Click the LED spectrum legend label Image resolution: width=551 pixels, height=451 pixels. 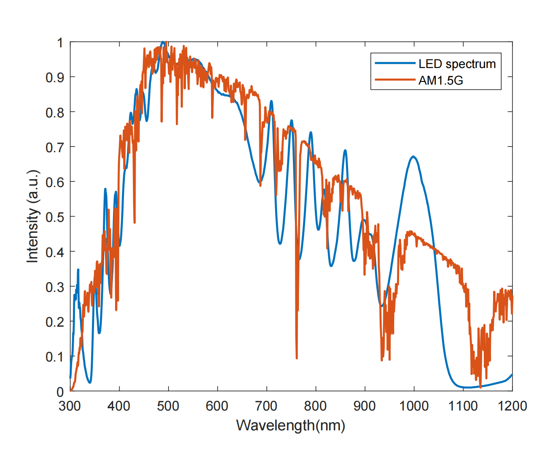(x=457, y=64)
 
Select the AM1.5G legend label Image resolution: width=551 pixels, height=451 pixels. (x=441, y=81)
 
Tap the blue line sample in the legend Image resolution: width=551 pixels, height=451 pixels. (x=395, y=64)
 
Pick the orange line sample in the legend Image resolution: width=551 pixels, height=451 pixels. (x=395, y=80)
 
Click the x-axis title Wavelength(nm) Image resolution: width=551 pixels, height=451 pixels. (x=290, y=425)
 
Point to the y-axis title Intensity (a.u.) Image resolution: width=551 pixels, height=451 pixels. (x=33, y=217)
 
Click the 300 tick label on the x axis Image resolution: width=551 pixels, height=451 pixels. (x=70, y=406)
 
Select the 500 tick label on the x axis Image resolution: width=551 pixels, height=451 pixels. (x=168, y=406)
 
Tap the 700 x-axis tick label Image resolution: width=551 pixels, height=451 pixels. (x=267, y=406)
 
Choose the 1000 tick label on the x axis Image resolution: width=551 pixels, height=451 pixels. (x=414, y=406)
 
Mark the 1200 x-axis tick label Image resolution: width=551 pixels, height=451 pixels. (x=512, y=406)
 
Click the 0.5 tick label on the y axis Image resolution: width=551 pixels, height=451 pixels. (x=55, y=217)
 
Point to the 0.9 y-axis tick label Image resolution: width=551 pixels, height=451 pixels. (x=55, y=77)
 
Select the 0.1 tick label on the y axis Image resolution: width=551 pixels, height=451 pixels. (x=55, y=357)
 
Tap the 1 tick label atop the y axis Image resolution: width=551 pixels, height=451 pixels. (x=60, y=43)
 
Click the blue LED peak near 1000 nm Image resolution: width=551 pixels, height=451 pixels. (x=413, y=156)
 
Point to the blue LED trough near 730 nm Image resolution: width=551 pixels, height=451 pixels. (x=280, y=243)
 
